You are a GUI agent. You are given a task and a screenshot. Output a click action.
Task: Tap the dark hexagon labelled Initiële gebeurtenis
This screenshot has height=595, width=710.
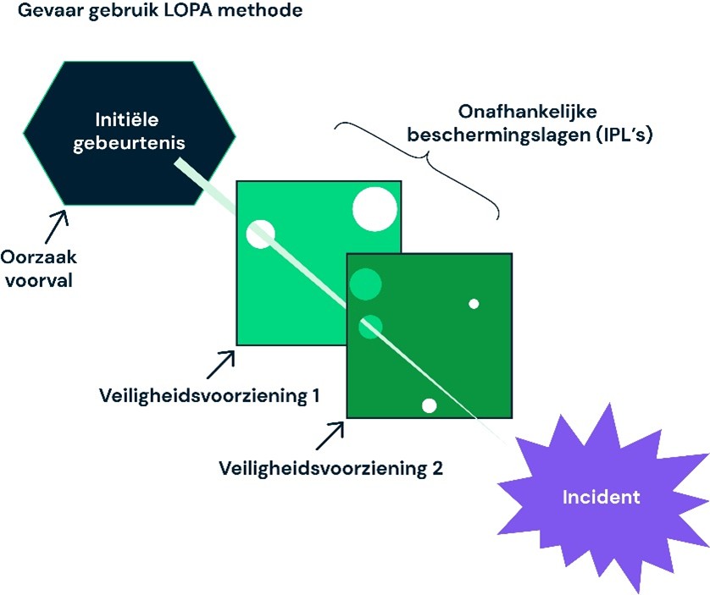coord(130,133)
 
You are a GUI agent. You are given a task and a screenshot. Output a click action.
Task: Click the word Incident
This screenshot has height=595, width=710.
coord(601,498)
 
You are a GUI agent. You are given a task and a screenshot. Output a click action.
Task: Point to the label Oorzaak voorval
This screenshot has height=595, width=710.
coord(38,269)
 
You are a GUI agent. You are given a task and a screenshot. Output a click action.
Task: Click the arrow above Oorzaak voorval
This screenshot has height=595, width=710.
coord(56,227)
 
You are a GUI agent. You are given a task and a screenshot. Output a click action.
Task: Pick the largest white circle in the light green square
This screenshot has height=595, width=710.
coord(375,210)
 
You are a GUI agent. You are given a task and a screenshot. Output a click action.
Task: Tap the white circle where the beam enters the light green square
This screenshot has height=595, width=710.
coord(260,234)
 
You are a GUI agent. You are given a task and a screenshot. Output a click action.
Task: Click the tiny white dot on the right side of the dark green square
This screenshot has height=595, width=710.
coord(474,304)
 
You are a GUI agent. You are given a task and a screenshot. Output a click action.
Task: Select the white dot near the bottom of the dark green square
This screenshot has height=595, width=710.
coord(430,406)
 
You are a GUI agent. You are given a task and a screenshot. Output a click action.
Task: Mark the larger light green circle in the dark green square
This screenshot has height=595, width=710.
coord(365,284)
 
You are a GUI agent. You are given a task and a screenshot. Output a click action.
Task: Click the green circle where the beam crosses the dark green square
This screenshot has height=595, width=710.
coord(371,327)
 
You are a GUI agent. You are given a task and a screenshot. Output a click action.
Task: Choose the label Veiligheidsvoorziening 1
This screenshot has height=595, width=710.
coord(209,396)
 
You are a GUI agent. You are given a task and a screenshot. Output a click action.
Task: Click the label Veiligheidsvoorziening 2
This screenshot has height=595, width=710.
coord(331,468)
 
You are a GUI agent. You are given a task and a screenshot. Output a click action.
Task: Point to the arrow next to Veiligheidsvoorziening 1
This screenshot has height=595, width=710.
coord(221,365)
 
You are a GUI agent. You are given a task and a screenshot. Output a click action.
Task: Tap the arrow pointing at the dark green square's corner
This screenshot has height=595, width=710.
coord(330,436)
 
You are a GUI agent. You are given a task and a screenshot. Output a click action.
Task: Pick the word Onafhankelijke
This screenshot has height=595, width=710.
coord(528,112)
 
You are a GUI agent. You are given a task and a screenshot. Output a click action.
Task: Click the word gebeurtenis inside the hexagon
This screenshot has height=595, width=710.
coord(129,143)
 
